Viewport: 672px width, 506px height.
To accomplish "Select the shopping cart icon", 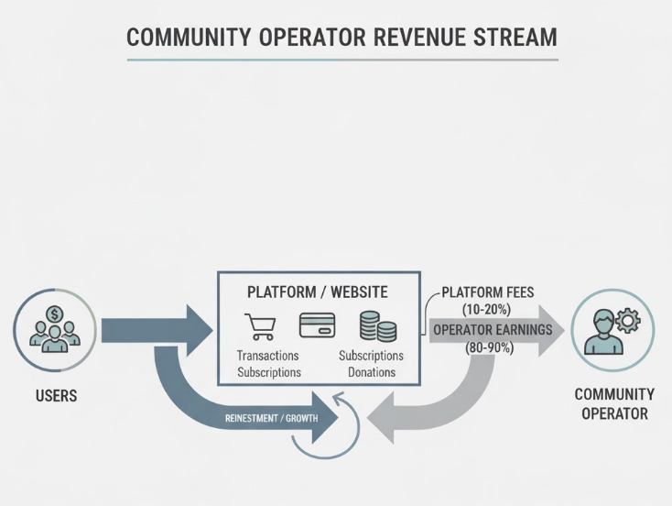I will click(260, 326).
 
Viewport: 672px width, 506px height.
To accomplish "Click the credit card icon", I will click(318, 325).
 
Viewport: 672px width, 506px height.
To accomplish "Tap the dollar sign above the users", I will click(54, 314).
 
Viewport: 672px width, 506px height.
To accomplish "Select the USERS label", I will click(57, 396).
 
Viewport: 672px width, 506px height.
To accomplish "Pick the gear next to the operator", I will click(629, 320).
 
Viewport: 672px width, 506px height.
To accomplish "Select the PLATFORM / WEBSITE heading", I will click(318, 292).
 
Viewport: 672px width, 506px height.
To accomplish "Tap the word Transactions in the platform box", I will click(267, 356).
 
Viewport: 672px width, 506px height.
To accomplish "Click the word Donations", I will click(371, 372).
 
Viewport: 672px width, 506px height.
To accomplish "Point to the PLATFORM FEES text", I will click(488, 293).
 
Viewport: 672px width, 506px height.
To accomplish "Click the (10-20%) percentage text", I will click(488, 310).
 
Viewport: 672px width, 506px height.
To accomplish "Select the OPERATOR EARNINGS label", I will click(493, 330).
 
